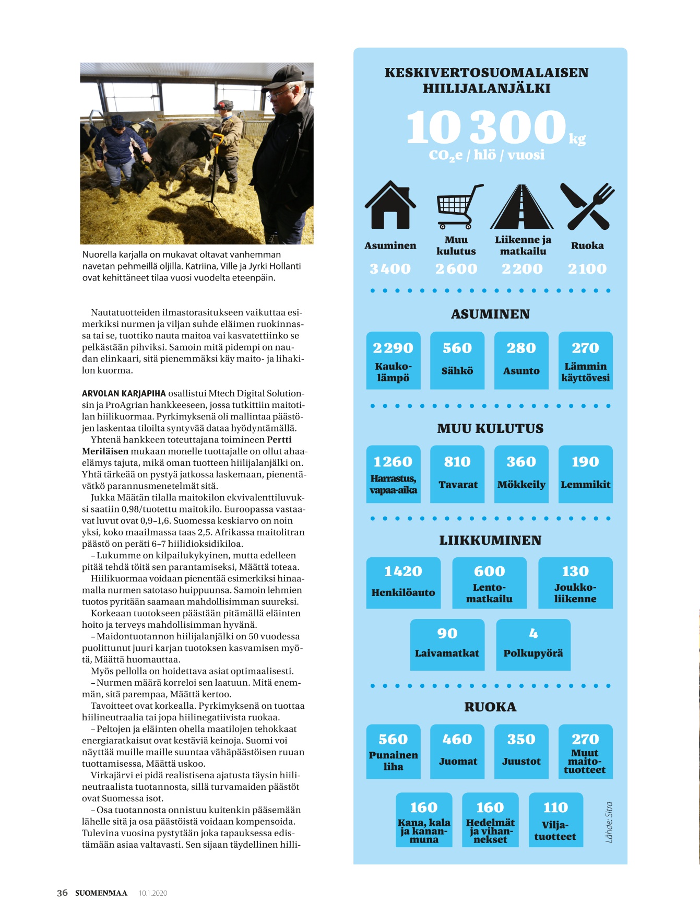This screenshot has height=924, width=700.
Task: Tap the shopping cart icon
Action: pos(458,206)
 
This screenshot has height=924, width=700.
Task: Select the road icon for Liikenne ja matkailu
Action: pos(521,207)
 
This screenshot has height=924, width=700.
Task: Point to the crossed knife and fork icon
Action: pos(587,206)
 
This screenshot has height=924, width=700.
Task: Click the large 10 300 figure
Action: pos(486,127)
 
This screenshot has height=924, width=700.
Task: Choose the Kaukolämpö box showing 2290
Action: pos(393,360)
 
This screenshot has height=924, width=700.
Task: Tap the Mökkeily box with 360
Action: pos(521,474)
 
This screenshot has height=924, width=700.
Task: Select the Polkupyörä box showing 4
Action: pos(533,644)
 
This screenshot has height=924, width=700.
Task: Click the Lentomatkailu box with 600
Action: pos(489,582)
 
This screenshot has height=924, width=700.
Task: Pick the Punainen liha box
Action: pos(393,751)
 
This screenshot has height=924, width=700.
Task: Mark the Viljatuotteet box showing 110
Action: pos(555,820)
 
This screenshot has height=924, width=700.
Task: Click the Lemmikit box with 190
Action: pos(585,474)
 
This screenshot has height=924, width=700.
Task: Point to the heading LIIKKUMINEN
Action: pos(490,540)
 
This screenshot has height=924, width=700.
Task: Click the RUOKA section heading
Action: pos(490,707)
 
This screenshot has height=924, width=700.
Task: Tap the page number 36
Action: pos(62,893)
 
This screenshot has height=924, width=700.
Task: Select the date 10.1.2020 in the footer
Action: pos(153,893)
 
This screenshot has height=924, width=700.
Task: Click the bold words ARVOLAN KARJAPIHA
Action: pos(124,393)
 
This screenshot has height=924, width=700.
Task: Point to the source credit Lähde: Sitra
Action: pos(609,822)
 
